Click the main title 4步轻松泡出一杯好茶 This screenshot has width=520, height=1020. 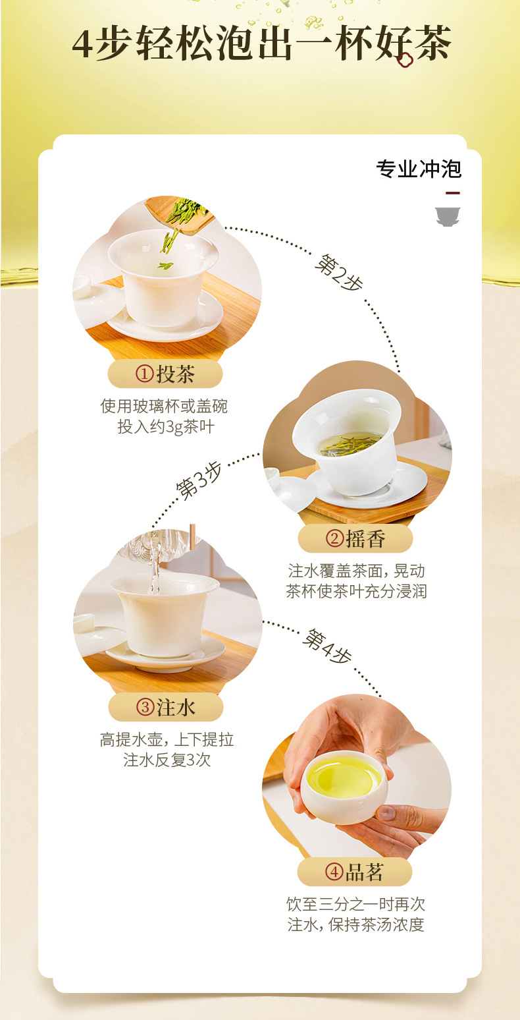(x=261, y=43)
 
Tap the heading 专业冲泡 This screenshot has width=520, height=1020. (x=419, y=169)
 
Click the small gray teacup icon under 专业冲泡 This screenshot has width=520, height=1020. (x=448, y=217)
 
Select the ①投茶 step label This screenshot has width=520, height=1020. (x=165, y=374)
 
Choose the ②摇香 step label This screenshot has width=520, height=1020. (x=355, y=539)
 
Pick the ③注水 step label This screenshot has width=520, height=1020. (x=166, y=707)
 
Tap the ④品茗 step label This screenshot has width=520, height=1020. (x=355, y=872)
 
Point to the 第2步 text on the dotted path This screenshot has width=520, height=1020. (x=339, y=272)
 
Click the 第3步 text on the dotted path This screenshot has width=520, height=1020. (x=199, y=481)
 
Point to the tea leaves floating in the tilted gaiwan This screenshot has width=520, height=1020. (x=350, y=445)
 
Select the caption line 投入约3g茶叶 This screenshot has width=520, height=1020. (x=166, y=427)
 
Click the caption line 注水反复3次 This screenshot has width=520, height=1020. (x=167, y=760)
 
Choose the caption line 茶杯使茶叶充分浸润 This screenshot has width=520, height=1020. (x=356, y=591)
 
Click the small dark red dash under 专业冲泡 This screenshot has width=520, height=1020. (x=453, y=193)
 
